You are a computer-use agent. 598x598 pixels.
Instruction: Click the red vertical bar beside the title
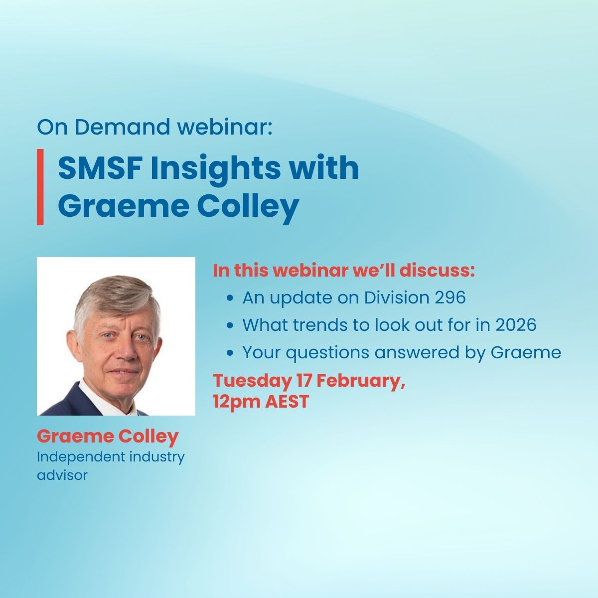coord(40,187)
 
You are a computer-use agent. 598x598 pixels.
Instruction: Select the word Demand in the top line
coord(122,127)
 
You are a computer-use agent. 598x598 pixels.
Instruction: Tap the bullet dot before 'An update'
coord(230,299)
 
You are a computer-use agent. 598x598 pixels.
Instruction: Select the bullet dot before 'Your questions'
coord(230,353)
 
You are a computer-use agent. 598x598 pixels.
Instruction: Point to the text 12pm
coord(237,402)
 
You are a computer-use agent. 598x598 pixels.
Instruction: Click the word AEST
coord(287,402)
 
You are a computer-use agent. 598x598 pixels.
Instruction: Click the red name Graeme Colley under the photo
coord(108,437)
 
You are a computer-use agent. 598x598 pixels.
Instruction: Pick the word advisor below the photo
coord(62,475)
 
